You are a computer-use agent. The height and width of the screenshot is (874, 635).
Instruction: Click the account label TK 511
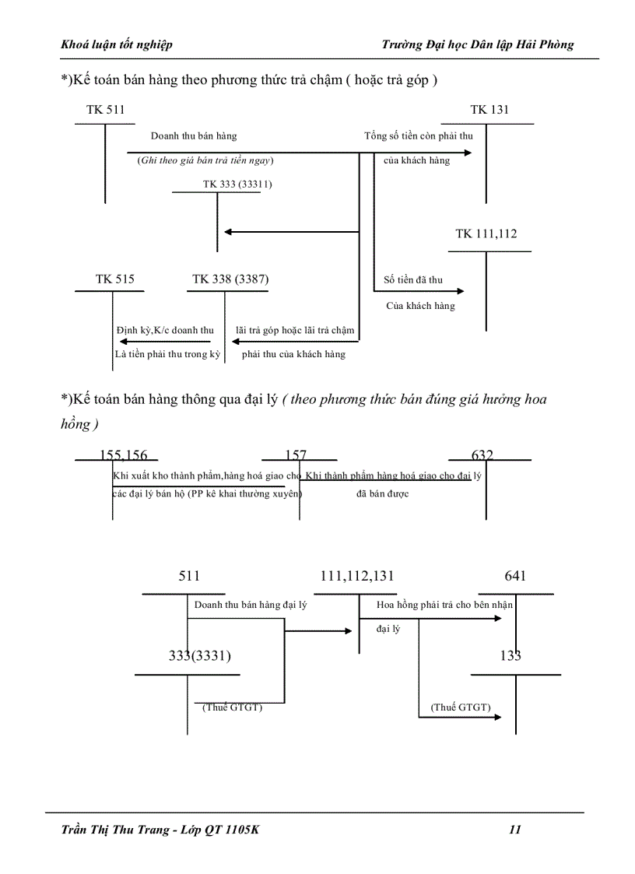(x=105, y=110)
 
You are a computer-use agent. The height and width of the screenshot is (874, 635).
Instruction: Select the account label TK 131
(x=489, y=110)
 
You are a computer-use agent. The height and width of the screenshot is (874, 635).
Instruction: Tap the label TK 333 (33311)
(x=237, y=184)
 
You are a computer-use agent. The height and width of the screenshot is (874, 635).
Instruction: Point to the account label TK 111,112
(x=486, y=234)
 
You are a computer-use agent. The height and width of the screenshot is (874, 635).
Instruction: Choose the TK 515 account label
(x=114, y=279)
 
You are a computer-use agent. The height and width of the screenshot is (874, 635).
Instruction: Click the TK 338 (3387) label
(x=231, y=279)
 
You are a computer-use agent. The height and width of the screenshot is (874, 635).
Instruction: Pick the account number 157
(x=296, y=455)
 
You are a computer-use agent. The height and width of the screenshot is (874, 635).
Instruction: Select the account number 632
(x=482, y=455)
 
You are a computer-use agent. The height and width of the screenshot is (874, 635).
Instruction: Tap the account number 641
(x=515, y=576)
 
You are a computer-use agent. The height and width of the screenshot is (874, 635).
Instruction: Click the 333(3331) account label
(x=200, y=655)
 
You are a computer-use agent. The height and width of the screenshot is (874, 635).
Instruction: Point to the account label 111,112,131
(x=357, y=576)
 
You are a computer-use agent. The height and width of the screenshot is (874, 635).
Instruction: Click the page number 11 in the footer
(x=514, y=830)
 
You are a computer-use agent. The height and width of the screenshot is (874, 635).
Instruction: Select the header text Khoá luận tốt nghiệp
(x=117, y=44)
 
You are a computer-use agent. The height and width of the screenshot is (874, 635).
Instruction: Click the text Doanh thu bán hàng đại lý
(x=250, y=604)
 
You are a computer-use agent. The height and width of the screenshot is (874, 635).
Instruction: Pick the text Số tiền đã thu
(x=413, y=279)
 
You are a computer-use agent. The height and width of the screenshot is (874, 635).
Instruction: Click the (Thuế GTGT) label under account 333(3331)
(x=233, y=707)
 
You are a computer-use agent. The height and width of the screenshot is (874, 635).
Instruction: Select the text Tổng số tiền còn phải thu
(x=419, y=136)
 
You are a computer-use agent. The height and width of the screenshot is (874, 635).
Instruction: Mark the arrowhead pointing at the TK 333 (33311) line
(x=228, y=231)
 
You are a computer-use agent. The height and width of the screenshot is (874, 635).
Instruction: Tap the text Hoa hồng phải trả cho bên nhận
(x=444, y=604)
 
